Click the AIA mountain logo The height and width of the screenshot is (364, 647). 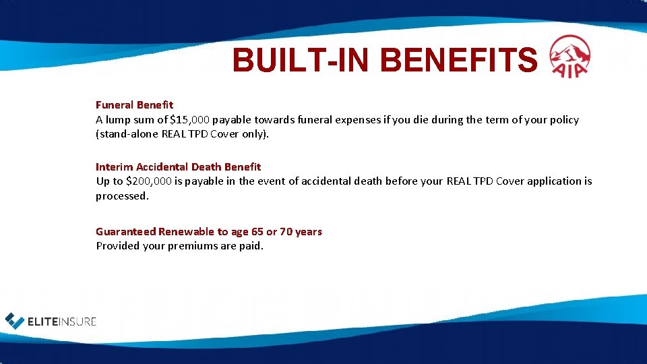569,56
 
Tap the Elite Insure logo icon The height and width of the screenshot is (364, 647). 14,321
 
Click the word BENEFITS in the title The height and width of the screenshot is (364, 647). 459,61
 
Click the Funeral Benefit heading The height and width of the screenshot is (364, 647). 134,104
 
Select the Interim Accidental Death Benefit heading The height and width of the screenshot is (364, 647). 178,166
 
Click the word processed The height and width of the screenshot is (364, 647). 121,195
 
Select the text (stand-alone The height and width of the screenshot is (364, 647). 127,133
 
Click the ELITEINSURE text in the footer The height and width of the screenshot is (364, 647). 62,322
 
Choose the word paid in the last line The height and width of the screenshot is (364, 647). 250,245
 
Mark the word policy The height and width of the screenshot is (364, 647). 563,119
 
